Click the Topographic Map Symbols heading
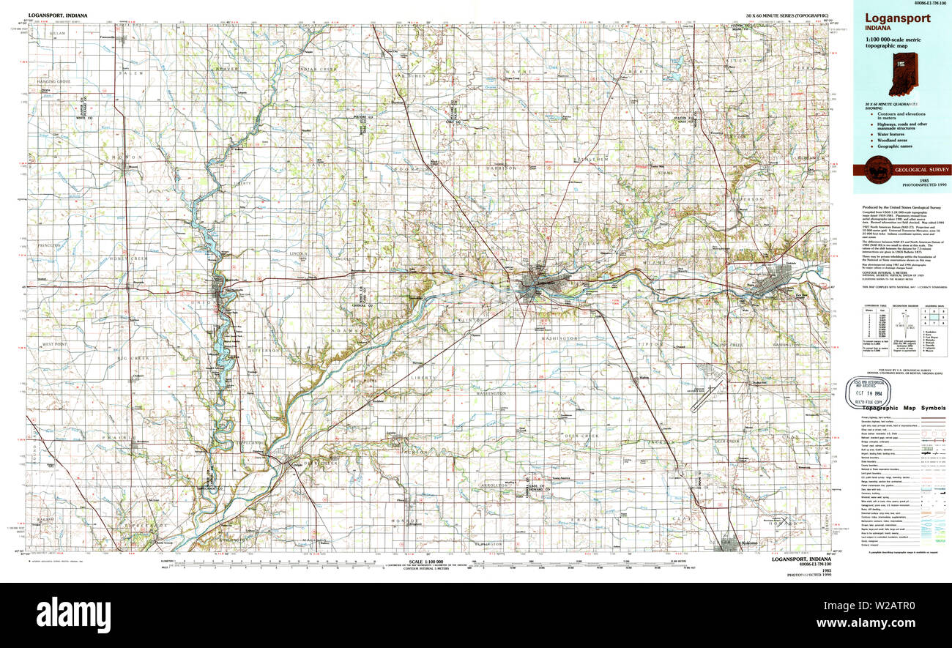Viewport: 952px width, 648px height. tap(901, 408)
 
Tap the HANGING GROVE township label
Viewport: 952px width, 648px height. tap(51, 81)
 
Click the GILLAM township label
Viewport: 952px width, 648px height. tap(58, 34)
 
